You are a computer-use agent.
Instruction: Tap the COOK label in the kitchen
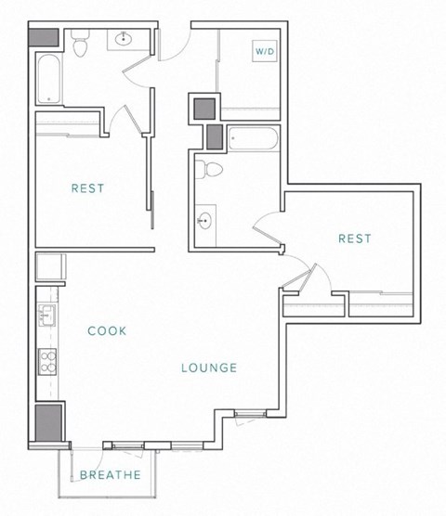click(x=107, y=330)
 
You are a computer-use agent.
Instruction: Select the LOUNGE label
click(x=209, y=368)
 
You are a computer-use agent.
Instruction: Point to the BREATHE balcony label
click(x=110, y=476)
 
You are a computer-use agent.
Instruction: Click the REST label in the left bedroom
click(x=87, y=188)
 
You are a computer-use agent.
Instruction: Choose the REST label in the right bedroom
click(x=354, y=239)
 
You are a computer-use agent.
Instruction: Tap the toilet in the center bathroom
click(x=212, y=169)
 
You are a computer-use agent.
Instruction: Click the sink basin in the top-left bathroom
click(x=123, y=38)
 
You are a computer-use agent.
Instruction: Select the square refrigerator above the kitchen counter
click(x=48, y=266)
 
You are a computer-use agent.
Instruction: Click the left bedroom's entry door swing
click(x=123, y=116)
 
